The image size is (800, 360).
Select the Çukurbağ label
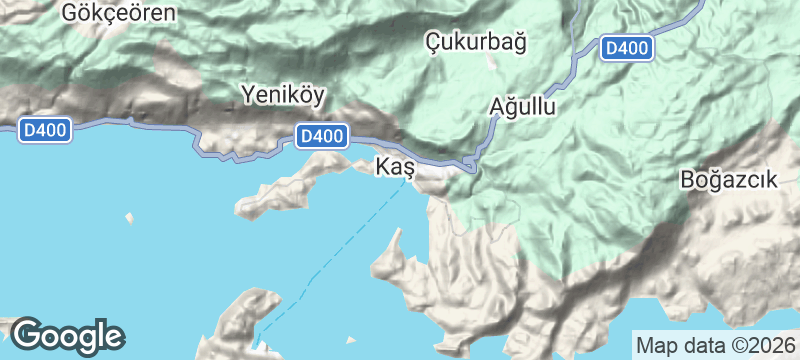pyautogui.click(x=476, y=41)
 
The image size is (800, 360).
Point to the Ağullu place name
pyautogui.click(x=524, y=106)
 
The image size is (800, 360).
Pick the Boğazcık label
pyautogui.click(x=729, y=180)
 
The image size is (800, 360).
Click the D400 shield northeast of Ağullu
pyautogui.click(x=627, y=48)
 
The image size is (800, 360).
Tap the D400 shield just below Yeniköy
pyautogui.click(x=322, y=135)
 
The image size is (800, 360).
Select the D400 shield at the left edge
pyautogui.click(x=44, y=130)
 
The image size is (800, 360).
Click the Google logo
pyautogui.click(x=67, y=335)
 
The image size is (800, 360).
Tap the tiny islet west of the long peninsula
pyautogui.click(x=129, y=217)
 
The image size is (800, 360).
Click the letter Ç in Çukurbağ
pyautogui.click(x=433, y=42)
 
